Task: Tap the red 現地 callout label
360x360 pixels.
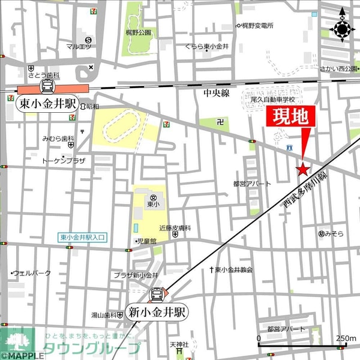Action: [x=291, y=118]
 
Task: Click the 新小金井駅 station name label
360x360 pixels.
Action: [x=157, y=313]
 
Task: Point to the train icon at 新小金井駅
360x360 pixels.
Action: [x=158, y=295]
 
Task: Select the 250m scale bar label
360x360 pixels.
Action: [x=346, y=338]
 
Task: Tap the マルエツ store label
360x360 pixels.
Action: [x=78, y=46]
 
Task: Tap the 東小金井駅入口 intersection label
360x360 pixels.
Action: [x=83, y=238]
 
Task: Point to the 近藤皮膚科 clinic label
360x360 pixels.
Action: [x=175, y=228]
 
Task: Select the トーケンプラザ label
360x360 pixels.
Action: [x=64, y=161]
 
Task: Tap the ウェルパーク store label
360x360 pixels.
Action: [x=32, y=273]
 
